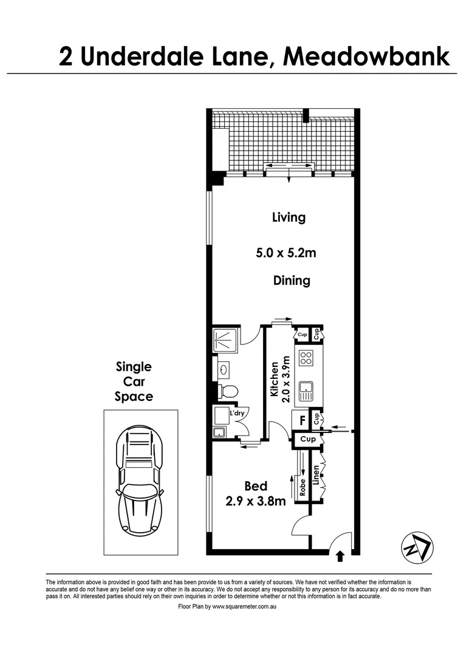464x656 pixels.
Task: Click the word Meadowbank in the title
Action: [367, 56]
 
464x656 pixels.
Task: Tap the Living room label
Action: [288, 217]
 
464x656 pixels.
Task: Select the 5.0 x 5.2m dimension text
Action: [286, 253]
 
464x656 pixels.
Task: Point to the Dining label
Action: [292, 281]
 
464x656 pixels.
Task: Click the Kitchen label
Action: [274, 379]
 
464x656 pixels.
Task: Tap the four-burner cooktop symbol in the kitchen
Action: [305, 358]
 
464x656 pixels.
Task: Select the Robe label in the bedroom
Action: [302, 488]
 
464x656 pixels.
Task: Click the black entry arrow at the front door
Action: [339, 554]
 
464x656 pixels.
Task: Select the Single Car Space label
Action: [134, 381]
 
